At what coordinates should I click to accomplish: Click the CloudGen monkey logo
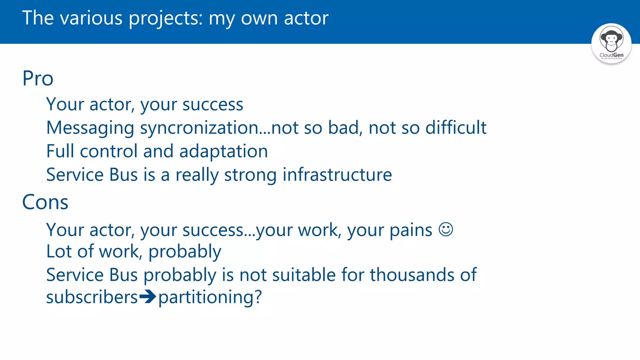point(611,43)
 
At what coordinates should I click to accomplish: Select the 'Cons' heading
point(45,202)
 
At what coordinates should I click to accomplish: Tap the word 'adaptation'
point(223,151)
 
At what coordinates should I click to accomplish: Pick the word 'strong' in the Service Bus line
point(250,175)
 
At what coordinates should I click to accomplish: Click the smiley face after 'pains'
point(446,229)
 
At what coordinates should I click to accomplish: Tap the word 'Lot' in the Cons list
point(59,251)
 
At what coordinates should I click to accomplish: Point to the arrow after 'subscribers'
point(147,297)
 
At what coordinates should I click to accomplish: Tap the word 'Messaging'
point(90,128)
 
